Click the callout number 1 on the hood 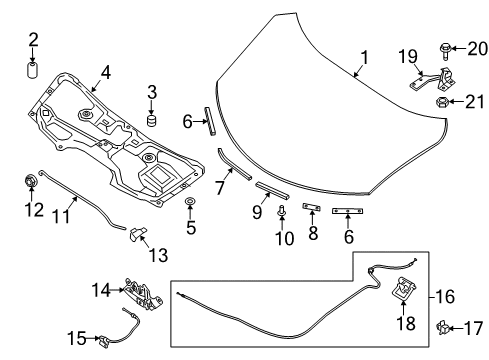pyautogui.click(x=364, y=57)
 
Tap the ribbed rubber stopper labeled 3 pyautogui.click(x=154, y=121)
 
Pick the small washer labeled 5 pyautogui.click(x=189, y=205)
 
